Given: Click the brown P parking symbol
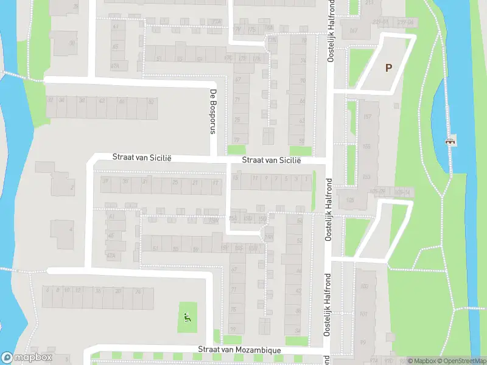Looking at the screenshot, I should tap(388, 68).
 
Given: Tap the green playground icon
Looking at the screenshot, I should tap(187, 316).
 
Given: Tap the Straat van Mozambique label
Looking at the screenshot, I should tap(239, 350).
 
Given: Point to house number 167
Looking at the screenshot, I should tap(354, 31).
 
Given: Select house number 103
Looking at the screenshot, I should tap(364, 286).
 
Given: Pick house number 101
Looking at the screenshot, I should tap(364, 315).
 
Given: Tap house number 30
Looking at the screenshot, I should tap(72, 43).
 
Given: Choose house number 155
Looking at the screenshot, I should tap(366, 177).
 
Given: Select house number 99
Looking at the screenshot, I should tap(364, 342).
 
